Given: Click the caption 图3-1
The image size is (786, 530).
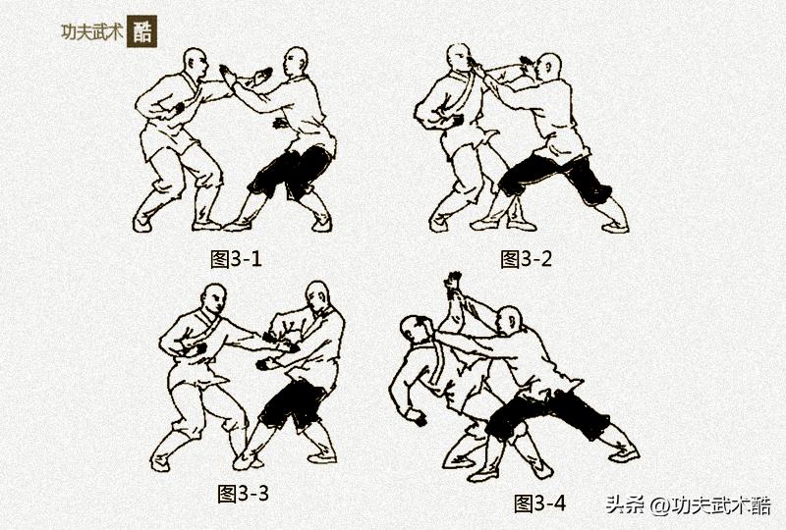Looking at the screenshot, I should tap(237, 259).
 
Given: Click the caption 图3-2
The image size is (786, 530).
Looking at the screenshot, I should tap(527, 259).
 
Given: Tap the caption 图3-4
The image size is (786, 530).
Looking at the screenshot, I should tap(540, 503).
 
